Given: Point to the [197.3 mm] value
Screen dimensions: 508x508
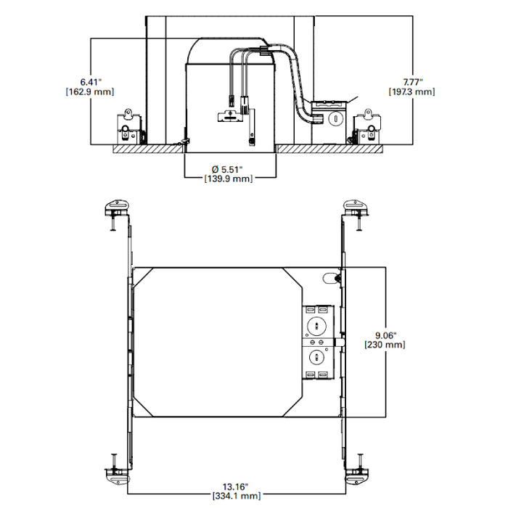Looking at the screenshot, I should point(412,92).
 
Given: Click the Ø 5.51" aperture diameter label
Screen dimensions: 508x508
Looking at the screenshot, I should point(229,168).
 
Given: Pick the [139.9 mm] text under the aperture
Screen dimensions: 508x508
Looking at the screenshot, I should point(229,179).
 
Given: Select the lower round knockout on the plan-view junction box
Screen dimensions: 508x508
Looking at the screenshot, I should point(317,356).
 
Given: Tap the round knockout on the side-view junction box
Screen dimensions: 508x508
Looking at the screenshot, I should point(335,118).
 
